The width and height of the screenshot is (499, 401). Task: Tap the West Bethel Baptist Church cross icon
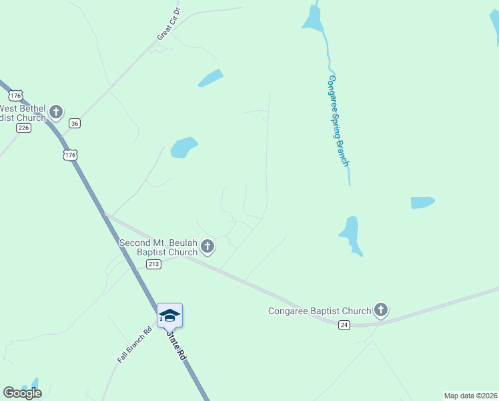coord(57,112)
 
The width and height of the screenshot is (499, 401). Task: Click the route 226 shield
coord(24,128)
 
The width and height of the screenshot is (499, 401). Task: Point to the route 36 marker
coord(75,123)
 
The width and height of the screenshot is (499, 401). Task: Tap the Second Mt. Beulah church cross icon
coord(207,247)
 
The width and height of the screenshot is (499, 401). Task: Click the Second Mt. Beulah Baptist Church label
coord(159,247)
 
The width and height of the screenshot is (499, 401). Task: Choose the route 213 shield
coord(154,264)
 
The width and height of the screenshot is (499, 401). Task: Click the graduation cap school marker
coord(169,315)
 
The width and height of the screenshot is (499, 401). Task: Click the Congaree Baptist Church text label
coord(319,311)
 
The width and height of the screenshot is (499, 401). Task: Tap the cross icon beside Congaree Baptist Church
coord(380,309)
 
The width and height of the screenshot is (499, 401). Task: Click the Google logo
coord(22,393)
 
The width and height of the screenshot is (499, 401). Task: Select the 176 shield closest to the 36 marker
coord(70,155)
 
